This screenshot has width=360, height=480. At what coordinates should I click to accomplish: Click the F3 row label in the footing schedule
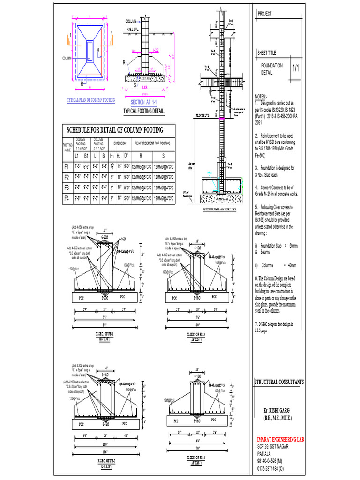[x=67, y=187]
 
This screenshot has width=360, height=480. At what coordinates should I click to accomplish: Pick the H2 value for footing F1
[x=120, y=166]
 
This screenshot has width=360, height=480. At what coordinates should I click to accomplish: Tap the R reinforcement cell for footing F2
[x=142, y=177]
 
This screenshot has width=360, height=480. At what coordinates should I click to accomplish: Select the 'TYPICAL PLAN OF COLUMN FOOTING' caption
[x=91, y=100]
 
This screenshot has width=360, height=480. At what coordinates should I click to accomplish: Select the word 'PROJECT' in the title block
[x=265, y=15]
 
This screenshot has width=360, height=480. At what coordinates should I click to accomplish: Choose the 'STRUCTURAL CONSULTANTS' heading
[x=279, y=382]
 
